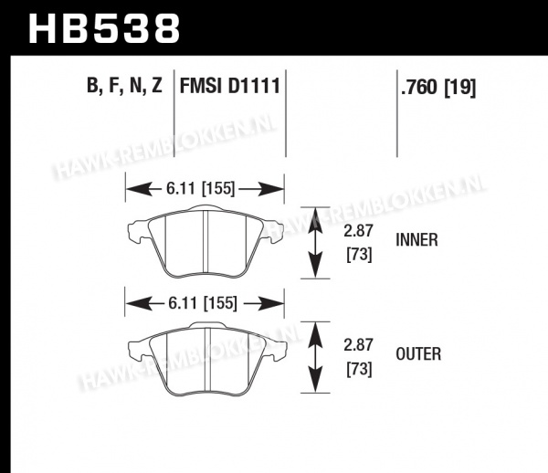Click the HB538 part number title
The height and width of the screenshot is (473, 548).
point(104,28)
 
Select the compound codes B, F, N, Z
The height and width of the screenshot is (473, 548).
point(124,86)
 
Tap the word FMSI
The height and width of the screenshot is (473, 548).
point(201,86)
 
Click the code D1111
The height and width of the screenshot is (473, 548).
point(254,86)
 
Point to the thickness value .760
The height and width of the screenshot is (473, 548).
point(419,87)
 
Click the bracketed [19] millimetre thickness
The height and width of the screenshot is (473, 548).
point(460,88)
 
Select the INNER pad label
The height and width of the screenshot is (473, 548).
point(416,240)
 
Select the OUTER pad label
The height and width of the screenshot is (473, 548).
point(418,354)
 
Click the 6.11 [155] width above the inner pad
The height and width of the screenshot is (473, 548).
point(201,189)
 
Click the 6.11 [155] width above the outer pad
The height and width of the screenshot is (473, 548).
point(203,303)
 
